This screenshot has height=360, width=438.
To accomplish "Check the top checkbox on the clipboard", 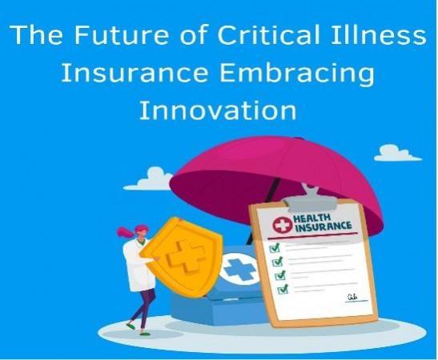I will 275,249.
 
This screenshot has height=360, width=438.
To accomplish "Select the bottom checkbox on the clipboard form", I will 281,289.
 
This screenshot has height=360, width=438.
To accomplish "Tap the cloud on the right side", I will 397,152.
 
